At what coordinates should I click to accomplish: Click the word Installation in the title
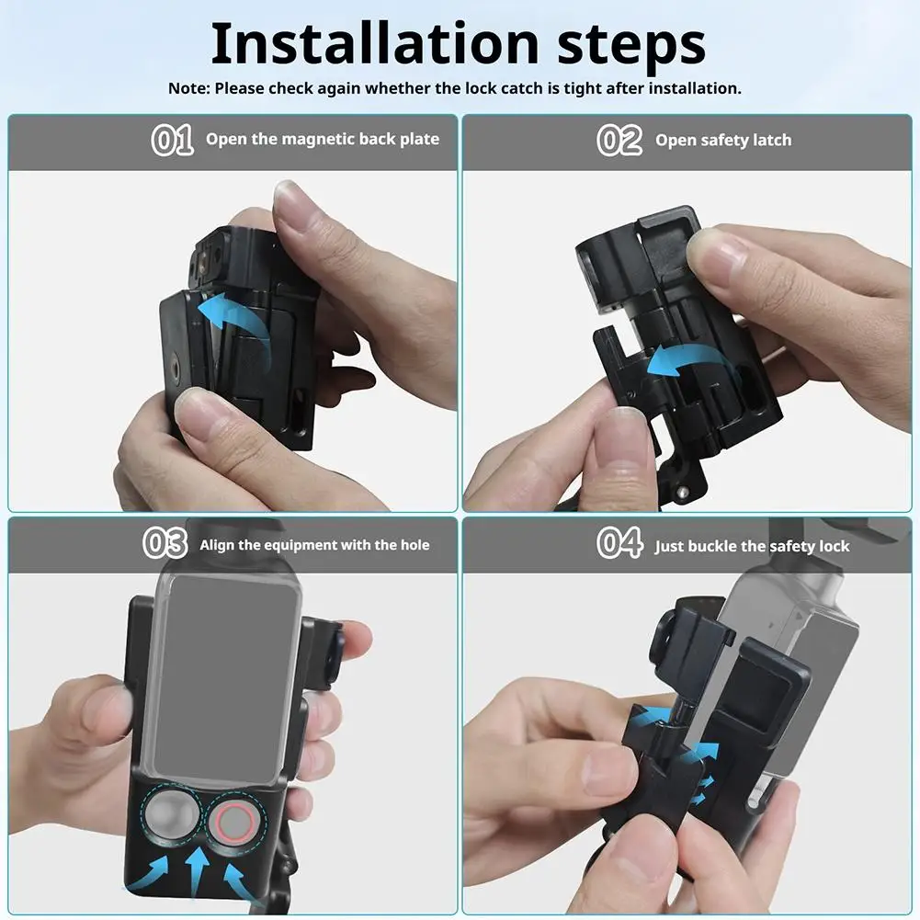tap(374, 43)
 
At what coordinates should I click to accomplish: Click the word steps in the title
tap(631, 47)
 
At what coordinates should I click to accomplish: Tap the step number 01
tap(173, 140)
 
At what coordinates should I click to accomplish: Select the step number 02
tap(619, 141)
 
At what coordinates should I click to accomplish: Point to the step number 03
tap(165, 543)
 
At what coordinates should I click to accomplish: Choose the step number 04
tap(619, 543)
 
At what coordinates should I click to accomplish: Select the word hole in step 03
tap(415, 545)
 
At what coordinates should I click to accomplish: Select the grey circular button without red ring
tap(172, 815)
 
